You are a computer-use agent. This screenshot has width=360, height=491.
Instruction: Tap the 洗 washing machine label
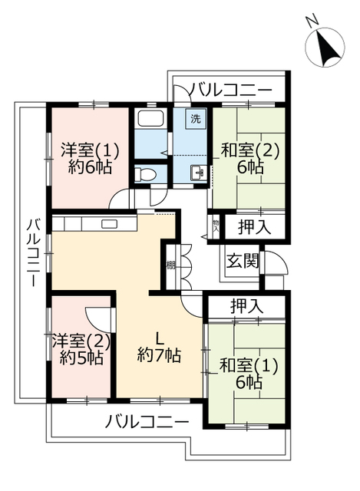tap(196, 120)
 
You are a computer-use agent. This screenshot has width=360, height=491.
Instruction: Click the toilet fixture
tap(145, 174)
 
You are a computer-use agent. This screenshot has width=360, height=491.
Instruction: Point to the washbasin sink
tap(198, 173)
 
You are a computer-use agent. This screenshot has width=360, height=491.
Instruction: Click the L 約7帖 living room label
tap(160, 347)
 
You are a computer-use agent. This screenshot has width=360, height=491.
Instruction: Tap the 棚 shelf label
tap(170, 266)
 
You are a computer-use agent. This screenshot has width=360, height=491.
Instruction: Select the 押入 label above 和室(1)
tap(246, 305)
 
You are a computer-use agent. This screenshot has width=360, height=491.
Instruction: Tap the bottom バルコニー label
tap(147, 421)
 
